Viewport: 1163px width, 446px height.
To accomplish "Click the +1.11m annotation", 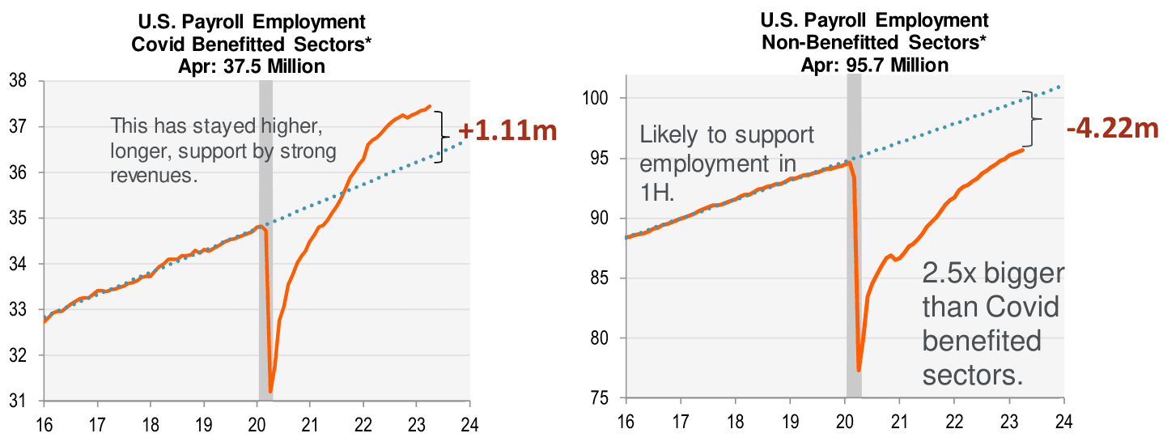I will [x=507, y=131].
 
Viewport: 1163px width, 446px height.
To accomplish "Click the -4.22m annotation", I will [x=1112, y=127].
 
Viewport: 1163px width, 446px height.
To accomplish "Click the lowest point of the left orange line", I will [x=270, y=392].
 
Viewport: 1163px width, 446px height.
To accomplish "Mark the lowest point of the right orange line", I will [x=859, y=370].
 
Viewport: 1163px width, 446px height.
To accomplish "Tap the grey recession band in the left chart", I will [x=265, y=243].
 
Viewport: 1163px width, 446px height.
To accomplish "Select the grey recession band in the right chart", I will [x=853, y=243].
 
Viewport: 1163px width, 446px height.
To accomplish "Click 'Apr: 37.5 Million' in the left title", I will [x=251, y=66].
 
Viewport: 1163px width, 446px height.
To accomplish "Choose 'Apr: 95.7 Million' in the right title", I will [x=874, y=64].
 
